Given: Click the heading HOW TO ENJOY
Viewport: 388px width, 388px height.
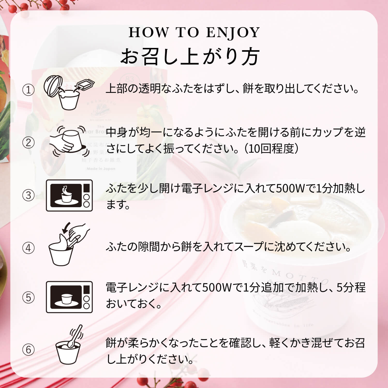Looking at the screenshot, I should point(194,33).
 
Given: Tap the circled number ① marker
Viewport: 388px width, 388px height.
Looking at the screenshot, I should point(28,90).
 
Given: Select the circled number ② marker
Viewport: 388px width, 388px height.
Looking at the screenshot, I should point(28,143).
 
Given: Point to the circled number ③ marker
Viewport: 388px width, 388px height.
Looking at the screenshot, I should point(28,195).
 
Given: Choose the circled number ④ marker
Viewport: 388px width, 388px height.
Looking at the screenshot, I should point(28,248).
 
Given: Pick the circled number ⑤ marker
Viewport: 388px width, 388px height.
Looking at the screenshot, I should point(28,297).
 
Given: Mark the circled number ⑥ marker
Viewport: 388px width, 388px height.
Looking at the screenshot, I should point(28,350).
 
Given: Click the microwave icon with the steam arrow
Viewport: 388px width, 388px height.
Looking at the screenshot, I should point(69,195).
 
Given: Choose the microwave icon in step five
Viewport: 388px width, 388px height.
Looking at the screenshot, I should point(69,297).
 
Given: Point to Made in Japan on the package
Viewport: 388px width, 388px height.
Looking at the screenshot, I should point(101,169).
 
